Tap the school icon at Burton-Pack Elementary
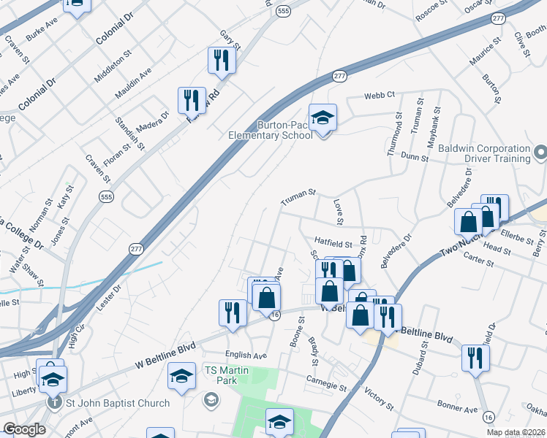[322, 118]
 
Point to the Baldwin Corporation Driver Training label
[484, 153]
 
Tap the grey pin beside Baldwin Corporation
[540, 153]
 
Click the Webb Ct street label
[380, 95]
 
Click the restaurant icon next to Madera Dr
[191, 100]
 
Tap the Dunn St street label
[415, 156]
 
